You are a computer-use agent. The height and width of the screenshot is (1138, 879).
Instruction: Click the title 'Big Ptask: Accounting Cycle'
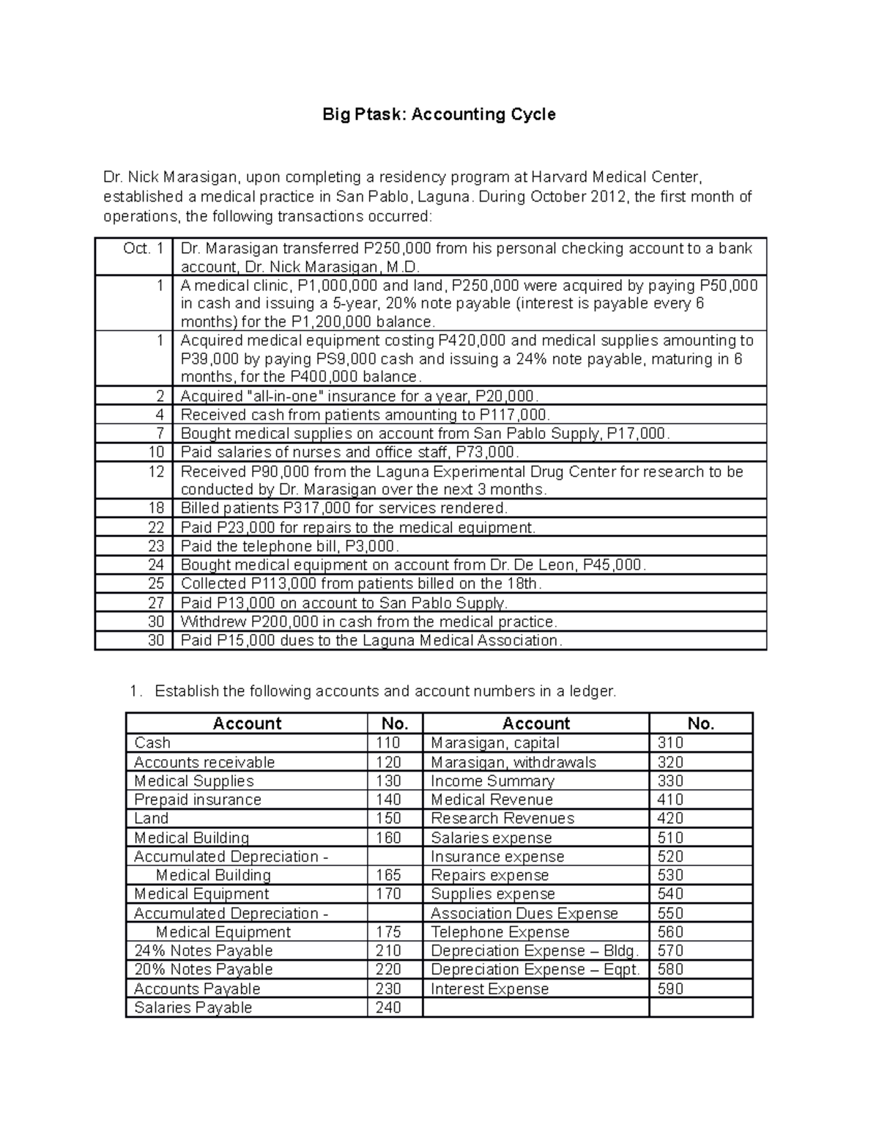(439, 114)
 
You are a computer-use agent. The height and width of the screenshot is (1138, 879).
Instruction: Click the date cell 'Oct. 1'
(144, 248)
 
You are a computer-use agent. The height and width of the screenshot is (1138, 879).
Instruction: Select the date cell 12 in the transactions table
(156, 471)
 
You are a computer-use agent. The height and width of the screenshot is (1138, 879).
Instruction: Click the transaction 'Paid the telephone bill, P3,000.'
(290, 547)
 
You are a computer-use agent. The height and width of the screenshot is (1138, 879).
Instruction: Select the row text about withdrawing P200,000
(369, 622)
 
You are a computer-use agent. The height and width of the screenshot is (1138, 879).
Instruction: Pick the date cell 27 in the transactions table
(156, 603)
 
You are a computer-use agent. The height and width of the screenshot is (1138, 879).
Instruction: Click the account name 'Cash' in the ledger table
(152, 743)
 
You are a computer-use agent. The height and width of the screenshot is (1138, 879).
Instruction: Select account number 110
(388, 743)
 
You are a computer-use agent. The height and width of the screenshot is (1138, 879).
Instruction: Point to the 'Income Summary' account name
(492, 781)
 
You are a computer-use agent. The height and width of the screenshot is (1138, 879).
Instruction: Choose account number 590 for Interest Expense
(670, 989)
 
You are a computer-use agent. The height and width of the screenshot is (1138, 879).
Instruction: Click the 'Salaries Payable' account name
(193, 1008)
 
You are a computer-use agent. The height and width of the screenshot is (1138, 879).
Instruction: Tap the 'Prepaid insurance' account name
(198, 799)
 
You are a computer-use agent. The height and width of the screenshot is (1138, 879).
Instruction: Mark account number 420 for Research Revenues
(670, 819)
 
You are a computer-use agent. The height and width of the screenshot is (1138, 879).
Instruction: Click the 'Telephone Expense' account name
(500, 932)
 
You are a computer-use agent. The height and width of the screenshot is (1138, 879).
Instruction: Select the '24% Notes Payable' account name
(204, 951)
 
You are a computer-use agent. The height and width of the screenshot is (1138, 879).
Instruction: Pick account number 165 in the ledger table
(388, 876)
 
